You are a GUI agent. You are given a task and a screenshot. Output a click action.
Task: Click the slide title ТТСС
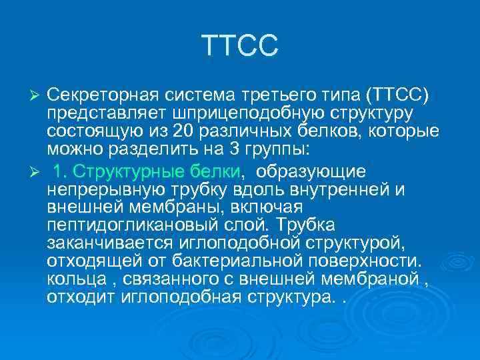239,47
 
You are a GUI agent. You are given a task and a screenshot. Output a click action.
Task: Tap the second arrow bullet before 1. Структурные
37,173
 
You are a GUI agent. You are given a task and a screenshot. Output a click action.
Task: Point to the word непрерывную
99,189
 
